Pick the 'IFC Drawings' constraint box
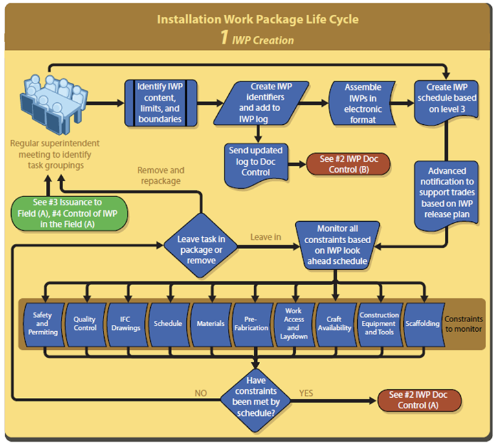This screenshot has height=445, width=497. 126,323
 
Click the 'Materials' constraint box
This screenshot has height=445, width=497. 210,323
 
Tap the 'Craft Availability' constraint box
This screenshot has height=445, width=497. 335,323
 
